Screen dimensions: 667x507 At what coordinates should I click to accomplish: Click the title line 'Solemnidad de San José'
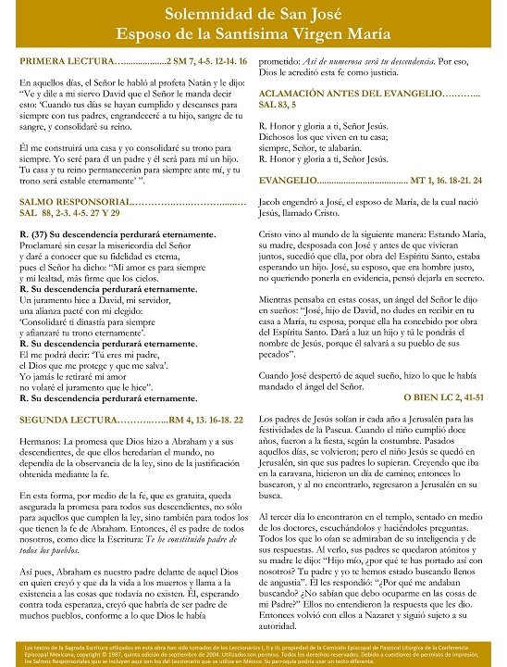(x=253, y=14)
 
